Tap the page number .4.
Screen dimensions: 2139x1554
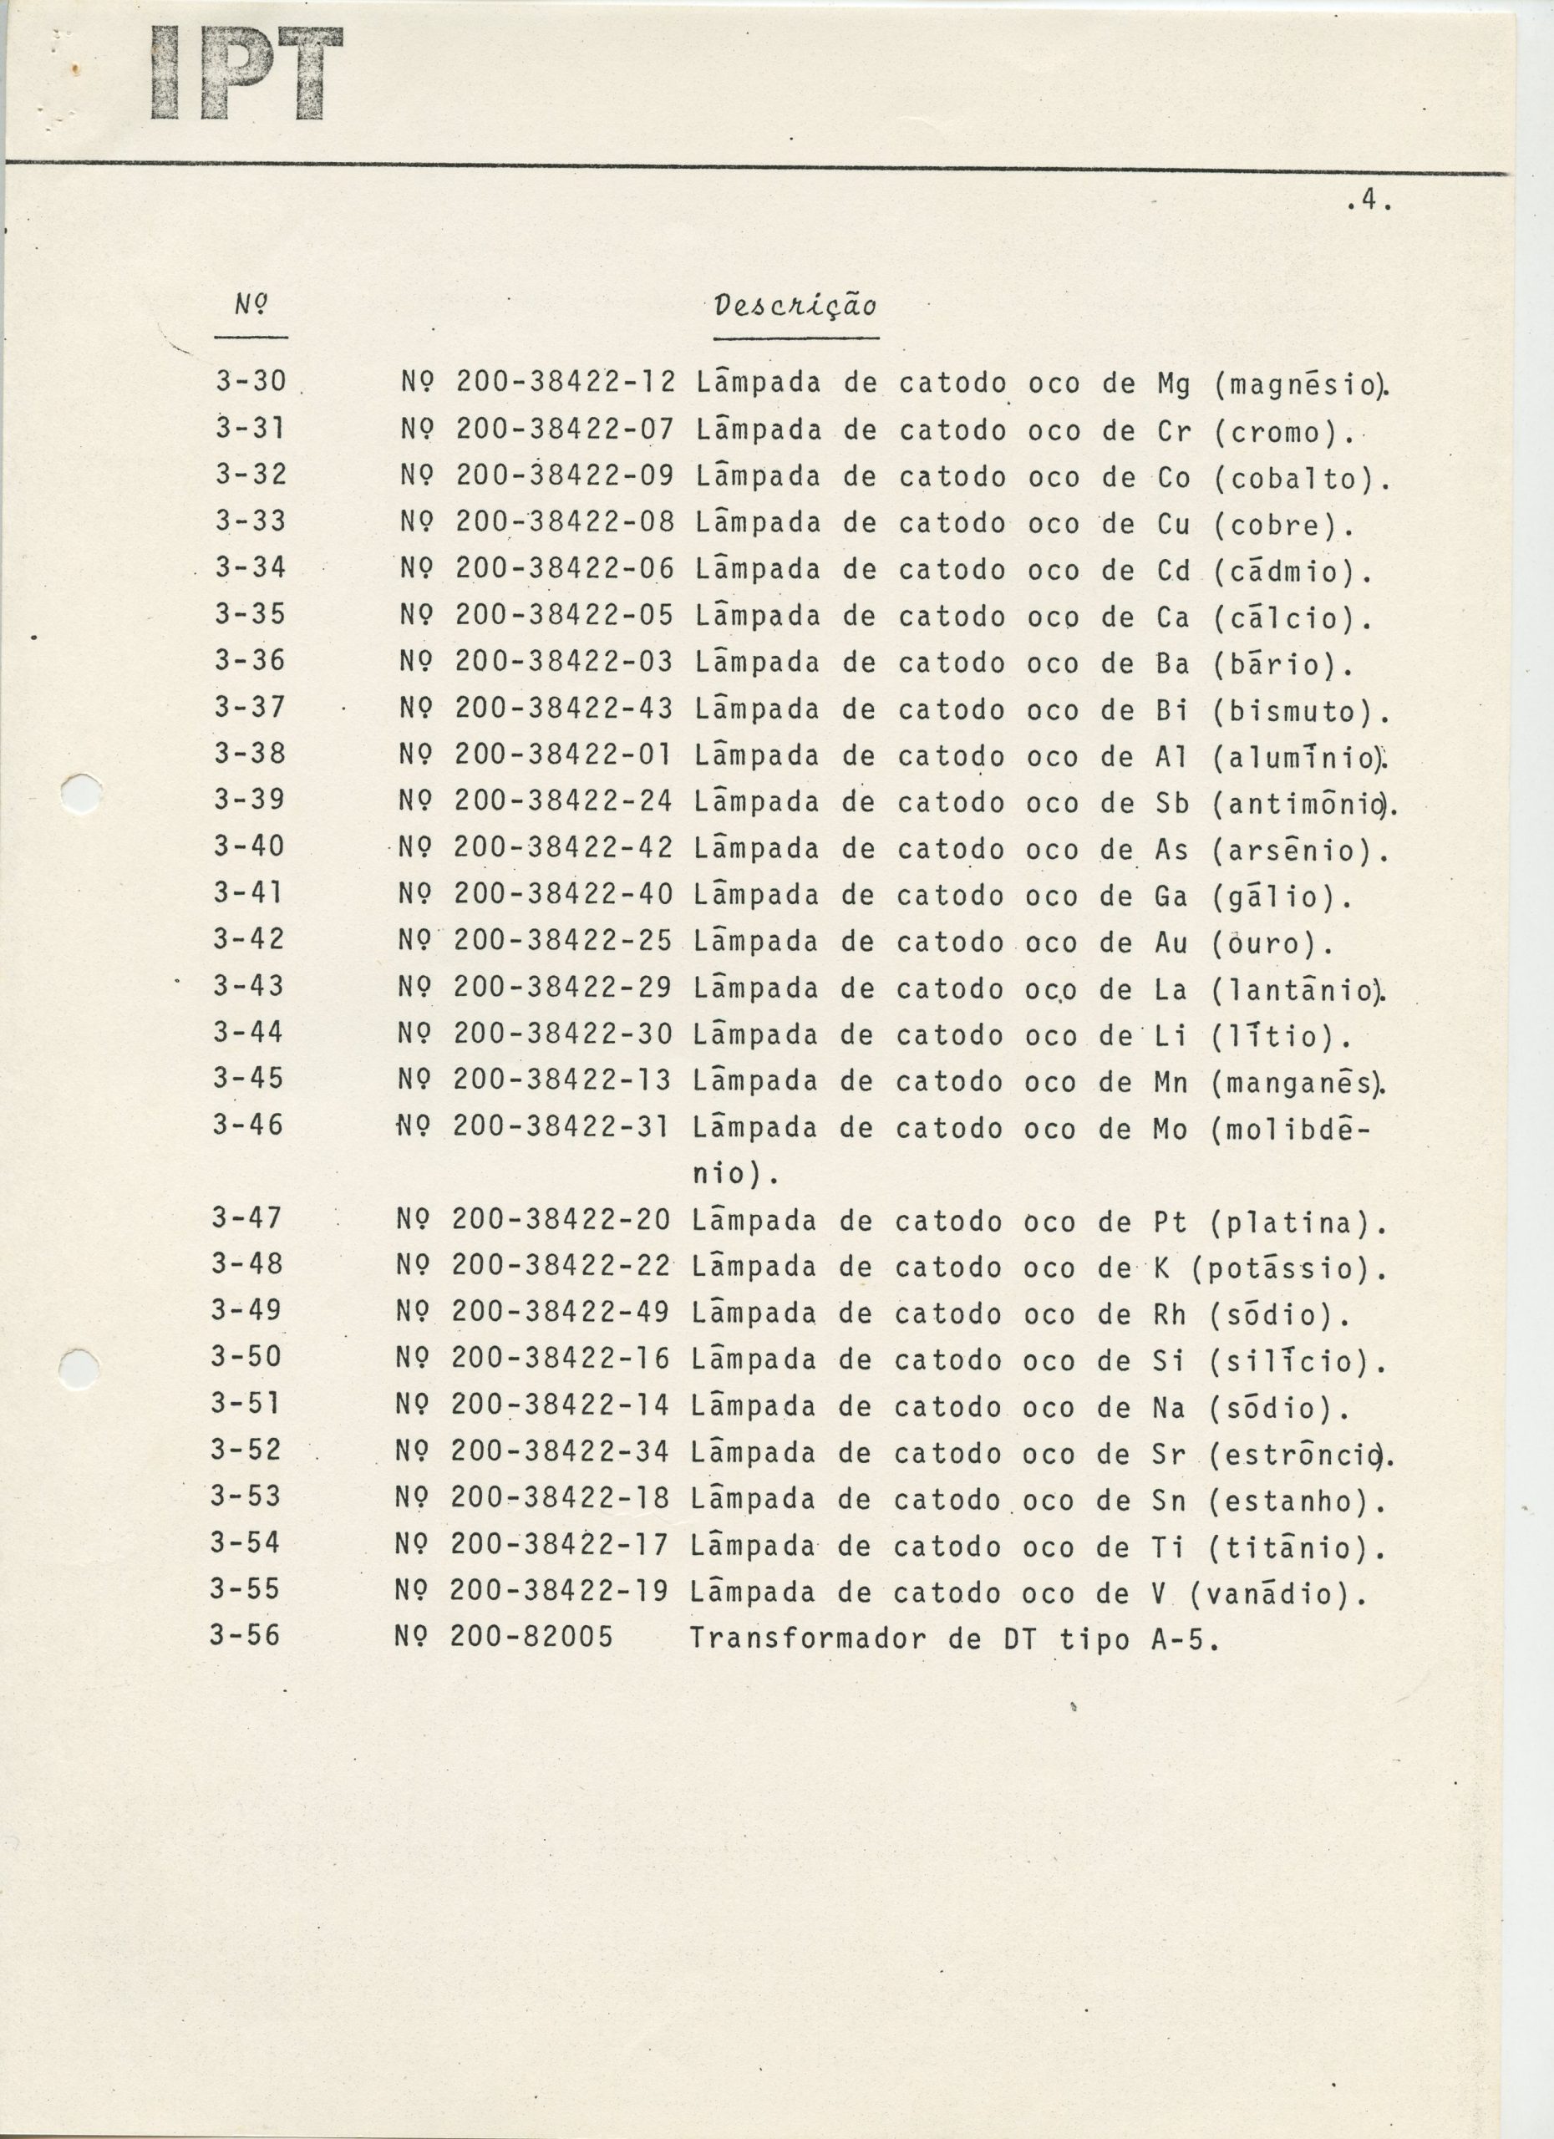click(1369, 202)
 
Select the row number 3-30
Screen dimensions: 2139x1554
click(250, 381)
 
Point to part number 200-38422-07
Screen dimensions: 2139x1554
click(565, 430)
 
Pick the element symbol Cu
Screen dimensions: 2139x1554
click(1173, 525)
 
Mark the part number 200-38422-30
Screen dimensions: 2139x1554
click(562, 1034)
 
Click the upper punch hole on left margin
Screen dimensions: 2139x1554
click(81, 793)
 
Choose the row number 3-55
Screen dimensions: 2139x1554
click(245, 1589)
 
